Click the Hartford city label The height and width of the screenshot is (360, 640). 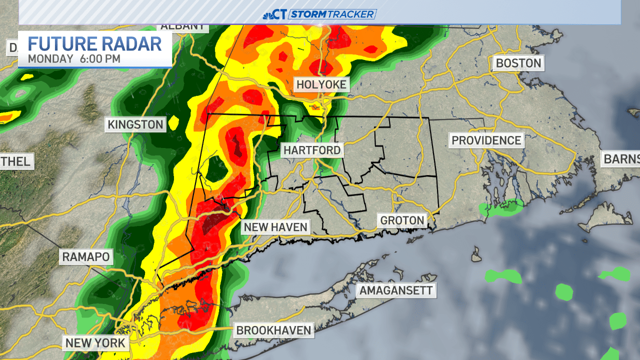pos(312,150)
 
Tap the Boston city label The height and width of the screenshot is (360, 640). pos(518,63)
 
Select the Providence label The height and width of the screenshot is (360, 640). pos(486,140)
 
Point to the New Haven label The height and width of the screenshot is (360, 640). pos(275,227)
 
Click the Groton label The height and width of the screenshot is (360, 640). pos(402,220)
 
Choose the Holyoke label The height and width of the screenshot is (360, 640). pos(321,84)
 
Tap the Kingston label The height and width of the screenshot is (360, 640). pos(135,124)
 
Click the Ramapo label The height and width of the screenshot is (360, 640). pos(85,257)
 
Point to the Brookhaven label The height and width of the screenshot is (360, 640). pos(274,330)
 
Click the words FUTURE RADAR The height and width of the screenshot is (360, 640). pos(94,44)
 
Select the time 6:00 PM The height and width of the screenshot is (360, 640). pos(100,58)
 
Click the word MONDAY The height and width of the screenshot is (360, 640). pos(50,58)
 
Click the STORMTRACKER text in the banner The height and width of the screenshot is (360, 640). pos(333,14)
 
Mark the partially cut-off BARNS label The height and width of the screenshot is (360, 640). pos(621,159)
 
